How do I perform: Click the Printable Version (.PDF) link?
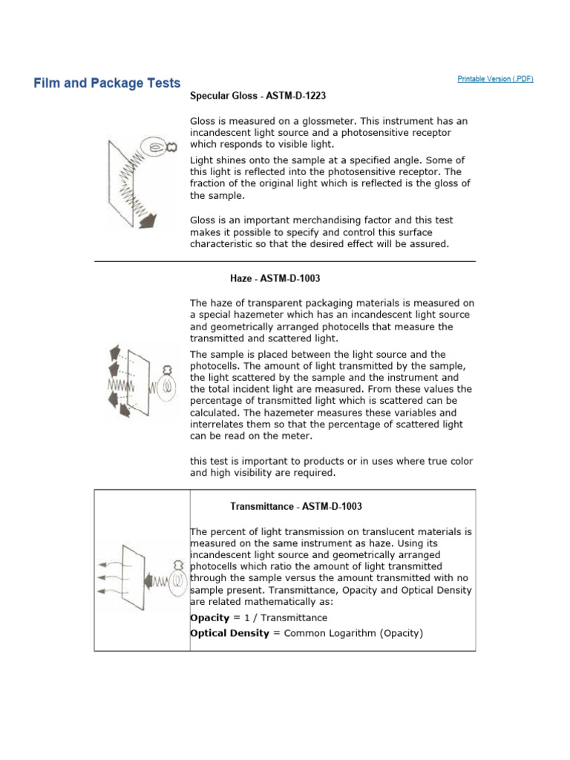click(x=495, y=79)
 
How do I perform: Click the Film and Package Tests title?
click(x=107, y=83)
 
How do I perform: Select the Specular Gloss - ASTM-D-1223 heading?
click(x=258, y=96)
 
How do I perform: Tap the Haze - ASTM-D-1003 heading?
click(x=275, y=278)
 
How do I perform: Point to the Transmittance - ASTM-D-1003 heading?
click(x=295, y=506)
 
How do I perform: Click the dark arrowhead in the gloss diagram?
click(x=148, y=221)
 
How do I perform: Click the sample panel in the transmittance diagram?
click(x=134, y=577)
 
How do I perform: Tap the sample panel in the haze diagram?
click(x=139, y=382)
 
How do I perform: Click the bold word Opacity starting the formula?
click(x=209, y=618)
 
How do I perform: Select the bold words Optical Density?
click(x=229, y=633)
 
